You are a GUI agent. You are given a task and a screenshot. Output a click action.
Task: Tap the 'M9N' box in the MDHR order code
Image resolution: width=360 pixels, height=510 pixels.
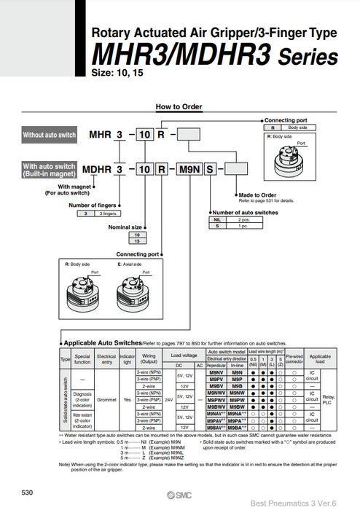pyautogui.click(x=188, y=169)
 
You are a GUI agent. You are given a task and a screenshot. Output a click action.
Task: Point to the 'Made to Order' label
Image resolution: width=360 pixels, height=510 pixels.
pyautogui.click(x=259, y=195)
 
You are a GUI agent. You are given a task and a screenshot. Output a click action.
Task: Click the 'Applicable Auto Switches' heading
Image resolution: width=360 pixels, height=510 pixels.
pyautogui.click(x=102, y=342)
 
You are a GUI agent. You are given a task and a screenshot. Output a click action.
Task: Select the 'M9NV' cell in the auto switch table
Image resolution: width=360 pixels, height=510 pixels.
pyautogui.click(x=215, y=373)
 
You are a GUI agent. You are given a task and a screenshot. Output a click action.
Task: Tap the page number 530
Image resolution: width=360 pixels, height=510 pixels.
pyautogui.click(x=28, y=493)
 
